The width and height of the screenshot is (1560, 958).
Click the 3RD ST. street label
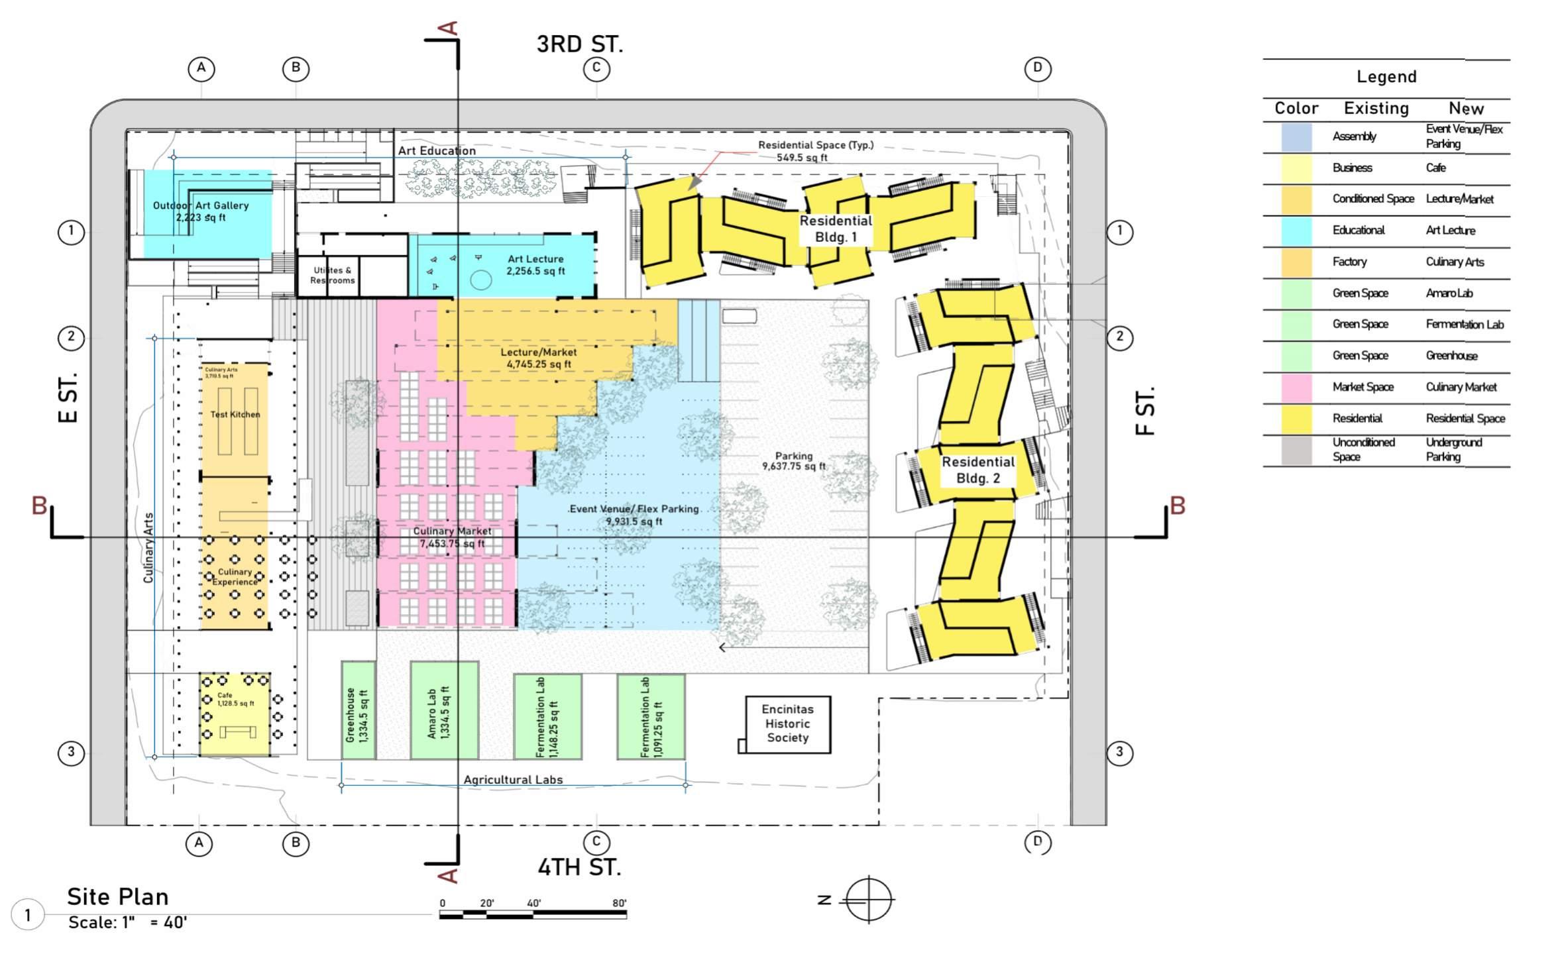coord(579,44)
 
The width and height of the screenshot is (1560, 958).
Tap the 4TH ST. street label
coord(579,867)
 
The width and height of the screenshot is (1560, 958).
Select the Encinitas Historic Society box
coord(787,723)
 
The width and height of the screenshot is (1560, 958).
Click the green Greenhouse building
coord(358,710)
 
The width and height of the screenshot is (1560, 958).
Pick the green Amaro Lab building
coord(443,710)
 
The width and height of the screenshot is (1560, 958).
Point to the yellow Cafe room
coord(235,714)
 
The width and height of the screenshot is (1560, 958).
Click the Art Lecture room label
coord(535,265)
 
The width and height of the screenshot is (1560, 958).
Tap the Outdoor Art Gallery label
coord(201,211)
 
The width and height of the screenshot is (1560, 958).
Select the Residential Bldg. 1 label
coord(835,229)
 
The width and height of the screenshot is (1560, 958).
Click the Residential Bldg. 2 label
coord(977,470)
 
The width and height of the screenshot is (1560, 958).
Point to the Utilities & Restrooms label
coord(333,275)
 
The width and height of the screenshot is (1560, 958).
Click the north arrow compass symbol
coord(869,899)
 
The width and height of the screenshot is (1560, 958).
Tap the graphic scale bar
coord(532,914)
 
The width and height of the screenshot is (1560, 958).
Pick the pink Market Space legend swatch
coord(1296,388)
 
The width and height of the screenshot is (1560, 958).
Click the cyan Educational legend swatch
coord(1296,231)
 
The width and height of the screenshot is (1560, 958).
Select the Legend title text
coord(1386,77)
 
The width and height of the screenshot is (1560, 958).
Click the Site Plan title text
coord(118,896)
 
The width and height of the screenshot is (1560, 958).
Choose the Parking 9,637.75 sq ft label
coord(793,461)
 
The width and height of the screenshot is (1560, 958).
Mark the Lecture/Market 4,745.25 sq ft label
coord(538,358)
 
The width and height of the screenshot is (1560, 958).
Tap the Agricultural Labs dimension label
coord(513,780)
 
